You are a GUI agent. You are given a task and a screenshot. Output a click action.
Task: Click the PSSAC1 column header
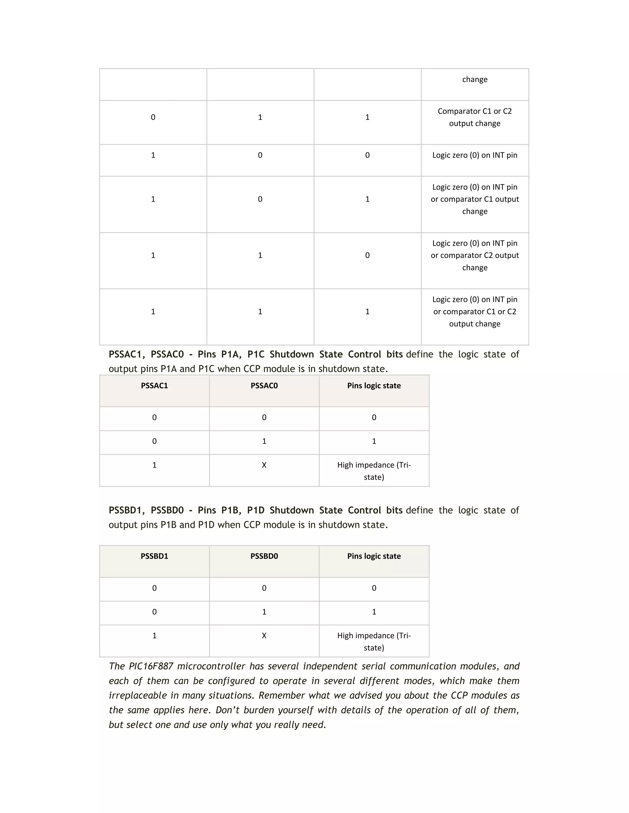[154, 386]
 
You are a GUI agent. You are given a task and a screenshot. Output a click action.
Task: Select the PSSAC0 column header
[264, 386]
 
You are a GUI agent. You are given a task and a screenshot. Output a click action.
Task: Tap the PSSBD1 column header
[154, 556]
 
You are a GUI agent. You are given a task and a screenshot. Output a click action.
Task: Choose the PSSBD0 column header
[264, 556]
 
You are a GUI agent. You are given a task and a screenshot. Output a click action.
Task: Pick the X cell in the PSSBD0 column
[264, 636]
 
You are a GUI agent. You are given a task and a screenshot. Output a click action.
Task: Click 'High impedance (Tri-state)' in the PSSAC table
[374, 471]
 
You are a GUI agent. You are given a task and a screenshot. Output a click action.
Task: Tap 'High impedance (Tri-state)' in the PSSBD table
[374, 642]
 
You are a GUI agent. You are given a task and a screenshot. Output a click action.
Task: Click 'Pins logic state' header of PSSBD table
[374, 556]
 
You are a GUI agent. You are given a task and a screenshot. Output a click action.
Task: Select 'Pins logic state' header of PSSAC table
[374, 386]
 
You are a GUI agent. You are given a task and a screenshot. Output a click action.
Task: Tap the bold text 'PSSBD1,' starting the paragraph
[127, 511]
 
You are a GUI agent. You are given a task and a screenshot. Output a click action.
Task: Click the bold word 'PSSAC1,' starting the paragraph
[127, 354]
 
